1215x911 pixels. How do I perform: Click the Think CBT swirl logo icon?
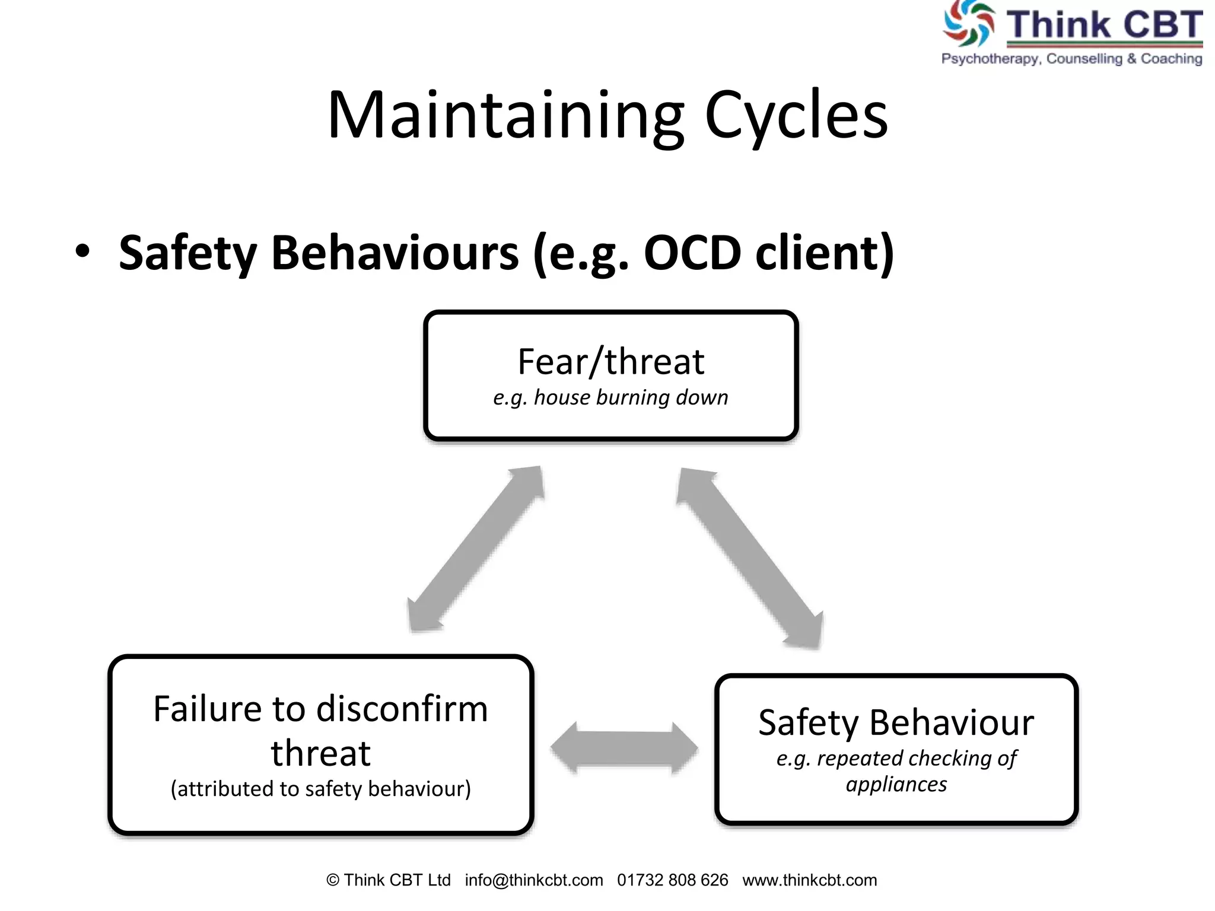click(x=968, y=24)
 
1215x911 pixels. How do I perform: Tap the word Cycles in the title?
click(x=796, y=116)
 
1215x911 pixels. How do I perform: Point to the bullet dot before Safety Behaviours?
click(x=83, y=251)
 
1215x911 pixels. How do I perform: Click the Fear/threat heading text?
click(x=610, y=362)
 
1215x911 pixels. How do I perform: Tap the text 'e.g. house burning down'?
click(x=610, y=397)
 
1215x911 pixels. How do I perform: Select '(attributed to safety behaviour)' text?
click(x=320, y=789)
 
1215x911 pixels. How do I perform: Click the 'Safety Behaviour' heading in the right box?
click(x=896, y=723)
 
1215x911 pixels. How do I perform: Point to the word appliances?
click(x=896, y=785)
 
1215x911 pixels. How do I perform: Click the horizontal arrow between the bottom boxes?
click(x=624, y=747)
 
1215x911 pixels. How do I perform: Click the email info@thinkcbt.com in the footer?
click(x=534, y=880)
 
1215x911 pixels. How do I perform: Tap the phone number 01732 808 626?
click(x=672, y=880)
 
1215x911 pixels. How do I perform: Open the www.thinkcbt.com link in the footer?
click(x=809, y=880)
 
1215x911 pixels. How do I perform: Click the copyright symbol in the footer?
click(x=333, y=881)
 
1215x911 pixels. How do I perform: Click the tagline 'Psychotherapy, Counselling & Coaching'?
click(x=1071, y=59)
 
